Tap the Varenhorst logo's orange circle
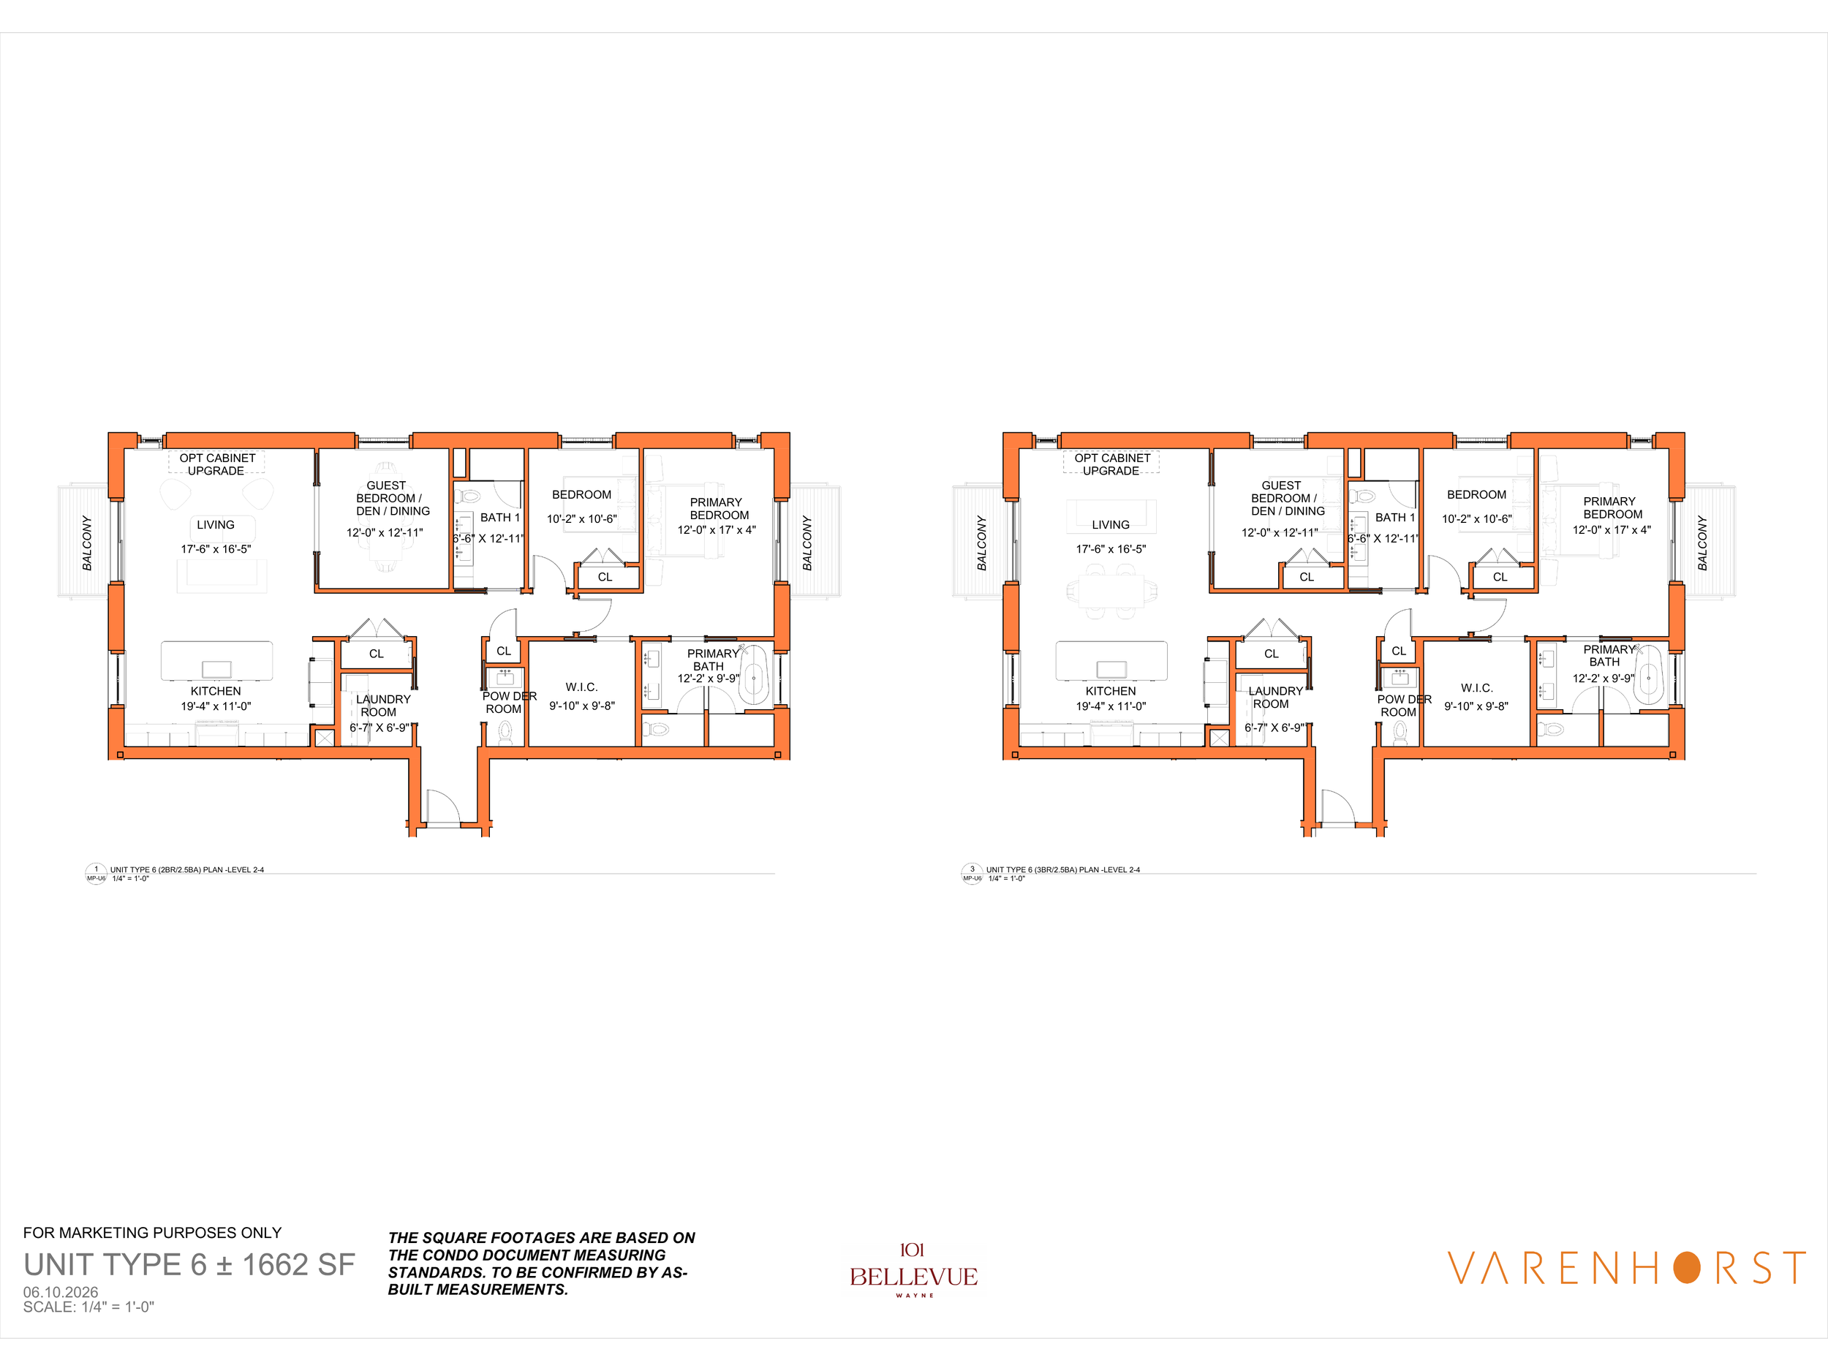point(1687,1268)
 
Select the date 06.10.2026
point(61,1292)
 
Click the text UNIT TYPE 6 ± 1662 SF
point(189,1264)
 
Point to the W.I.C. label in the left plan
point(582,687)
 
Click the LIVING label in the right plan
point(1111,525)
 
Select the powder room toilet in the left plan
point(505,731)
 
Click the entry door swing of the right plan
point(1339,807)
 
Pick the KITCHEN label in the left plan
point(216,691)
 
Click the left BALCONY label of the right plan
point(982,543)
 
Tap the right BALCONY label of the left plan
point(807,543)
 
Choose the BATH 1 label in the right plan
point(1395,518)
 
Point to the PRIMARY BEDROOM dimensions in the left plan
point(717,529)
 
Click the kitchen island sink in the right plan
point(1111,669)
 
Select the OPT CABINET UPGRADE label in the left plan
point(216,464)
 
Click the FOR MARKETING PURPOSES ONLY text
point(152,1233)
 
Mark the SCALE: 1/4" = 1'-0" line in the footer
point(88,1307)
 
